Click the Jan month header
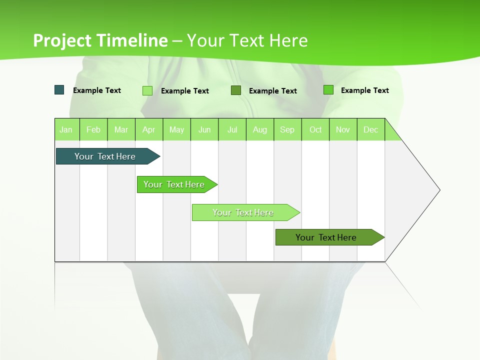[x=66, y=129]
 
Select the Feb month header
[x=93, y=129]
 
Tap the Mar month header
[x=121, y=129]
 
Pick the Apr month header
[x=149, y=129]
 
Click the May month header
[x=176, y=129]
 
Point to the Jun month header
[x=204, y=129]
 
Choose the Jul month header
[x=232, y=129]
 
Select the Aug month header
[x=260, y=129]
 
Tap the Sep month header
[x=287, y=129]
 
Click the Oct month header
[x=315, y=129]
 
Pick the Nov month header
[x=343, y=129]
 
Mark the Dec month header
[x=371, y=129]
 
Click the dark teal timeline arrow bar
[x=105, y=156]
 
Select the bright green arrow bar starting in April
[x=174, y=184]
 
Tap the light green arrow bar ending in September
[x=243, y=212]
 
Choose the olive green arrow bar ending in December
[x=326, y=237]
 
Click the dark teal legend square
[x=59, y=90]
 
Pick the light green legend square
[x=147, y=90]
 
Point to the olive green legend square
[x=236, y=90]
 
